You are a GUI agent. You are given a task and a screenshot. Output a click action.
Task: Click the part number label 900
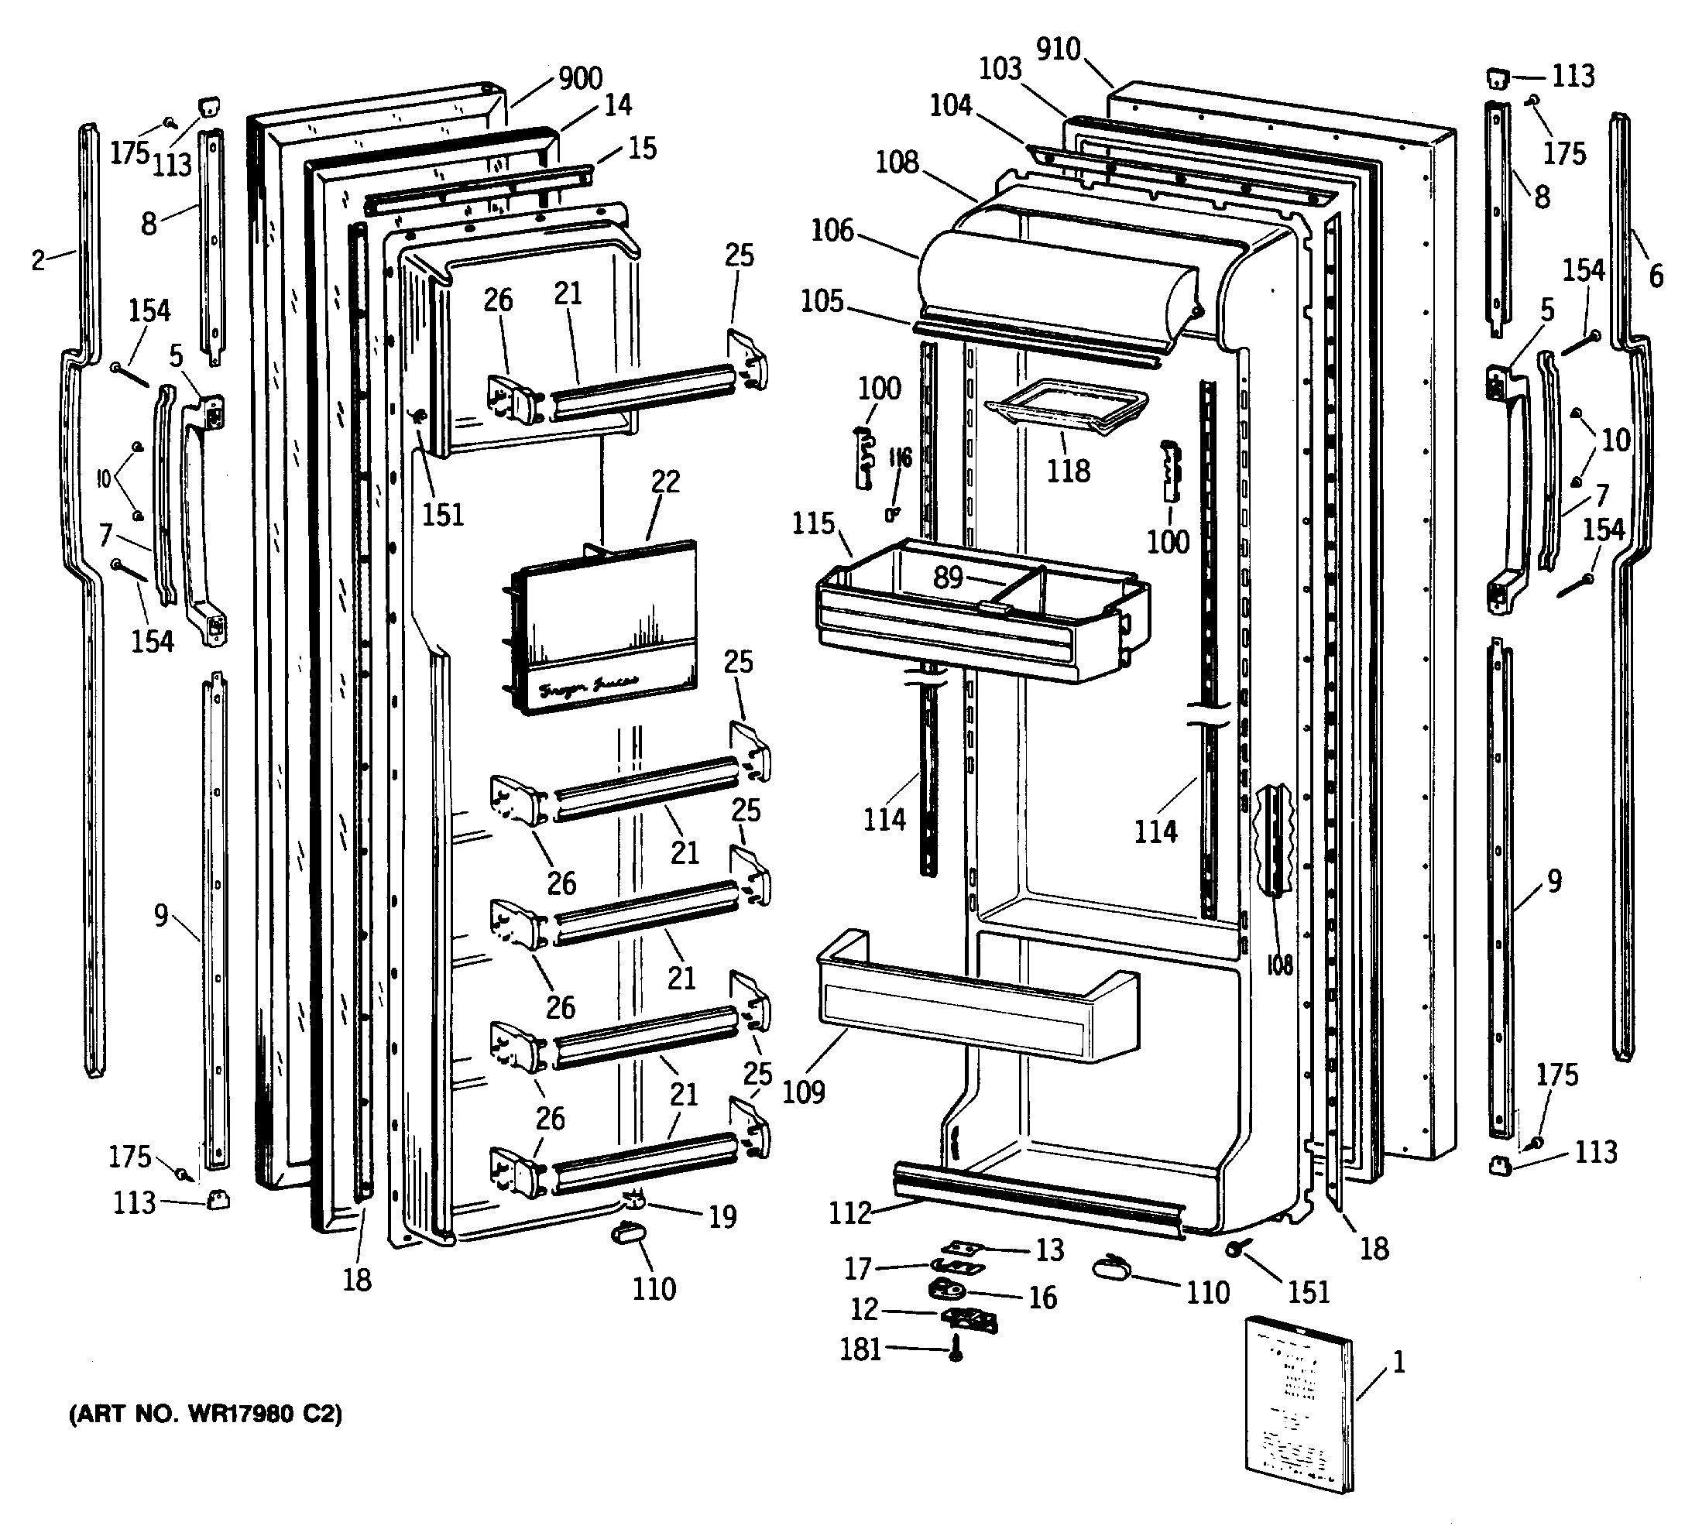pyautogui.click(x=580, y=78)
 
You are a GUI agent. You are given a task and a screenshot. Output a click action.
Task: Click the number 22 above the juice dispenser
pyautogui.click(x=665, y=482)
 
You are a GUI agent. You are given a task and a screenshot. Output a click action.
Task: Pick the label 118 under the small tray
pyautogui.click(x=1069, y=471)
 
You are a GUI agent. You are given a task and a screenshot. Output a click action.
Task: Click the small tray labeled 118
pyautogui.click(x=1066, y=406)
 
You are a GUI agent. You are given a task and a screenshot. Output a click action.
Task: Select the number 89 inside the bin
pyautogui.click(x=948, y=577)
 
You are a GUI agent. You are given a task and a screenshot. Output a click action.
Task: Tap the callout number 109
pyautogui.click(x=803, y=1092)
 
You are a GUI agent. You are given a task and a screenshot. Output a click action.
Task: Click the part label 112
pyautogui.click(x=850, y=1212)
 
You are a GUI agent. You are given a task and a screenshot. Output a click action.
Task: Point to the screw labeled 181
pyautogui.click(x=956, y=1349)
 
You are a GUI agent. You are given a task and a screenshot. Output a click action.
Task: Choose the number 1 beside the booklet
pyautogui.click(x=1398, y=1362)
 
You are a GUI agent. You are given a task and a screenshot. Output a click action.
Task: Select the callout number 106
pyautogui.click(x=832, y=230)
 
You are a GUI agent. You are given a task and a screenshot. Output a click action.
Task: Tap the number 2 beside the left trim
pyautogui.click(x=39, y=260)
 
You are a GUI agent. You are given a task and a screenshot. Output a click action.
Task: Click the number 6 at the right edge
pyautogui.click(x=1656, y=275)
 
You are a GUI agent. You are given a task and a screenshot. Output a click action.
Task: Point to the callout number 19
pyautogui.click(x=722, y=1217)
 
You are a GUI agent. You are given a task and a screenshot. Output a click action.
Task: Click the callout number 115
pyautogui.click(x=813, y=524)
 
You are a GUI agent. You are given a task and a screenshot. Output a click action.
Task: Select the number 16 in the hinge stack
pyautogui.click(x=1042, y=1297)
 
